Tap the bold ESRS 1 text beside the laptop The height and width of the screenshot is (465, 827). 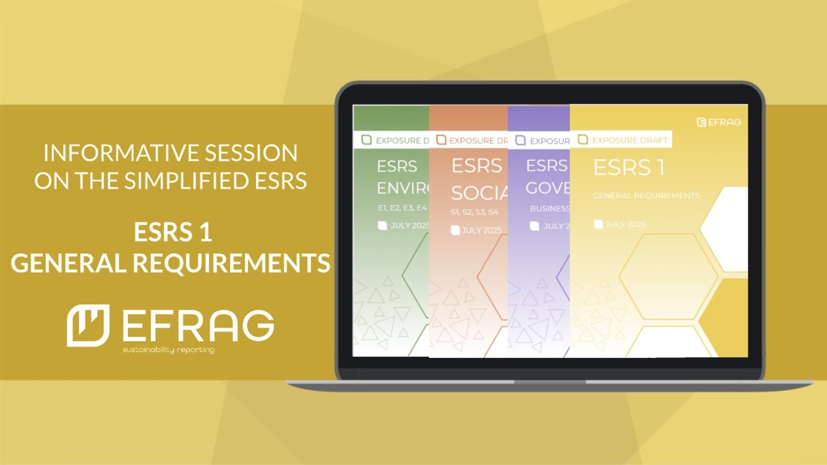(173, 232)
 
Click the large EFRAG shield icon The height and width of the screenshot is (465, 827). (89, 325)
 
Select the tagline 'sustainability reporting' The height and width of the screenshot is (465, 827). (169, 350)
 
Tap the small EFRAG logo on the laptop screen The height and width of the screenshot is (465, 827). (718, 121)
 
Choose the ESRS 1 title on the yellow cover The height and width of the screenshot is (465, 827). (629, 167)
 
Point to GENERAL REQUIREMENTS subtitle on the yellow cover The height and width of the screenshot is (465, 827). (646, 196)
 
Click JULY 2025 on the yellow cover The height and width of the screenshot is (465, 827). (625, 224)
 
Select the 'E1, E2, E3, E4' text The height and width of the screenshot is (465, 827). (403, 208)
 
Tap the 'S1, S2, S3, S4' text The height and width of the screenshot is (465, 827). (474, 212)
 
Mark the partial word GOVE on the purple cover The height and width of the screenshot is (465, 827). (547, 187)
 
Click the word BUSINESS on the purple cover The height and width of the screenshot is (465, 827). (549, 209)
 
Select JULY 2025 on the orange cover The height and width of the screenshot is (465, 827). (481, 231)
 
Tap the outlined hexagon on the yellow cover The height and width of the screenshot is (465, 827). (668, 277)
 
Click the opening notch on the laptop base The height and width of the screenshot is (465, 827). (550, 382)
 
